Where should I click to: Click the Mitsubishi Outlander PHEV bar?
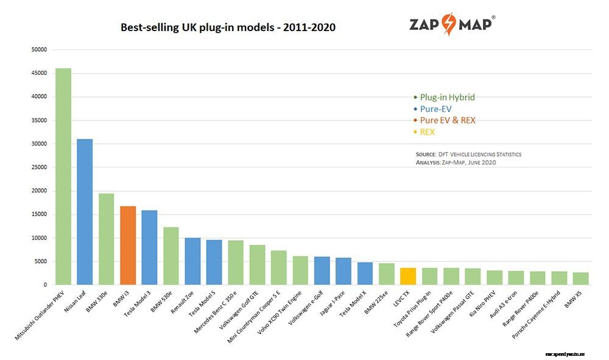pos(63,177)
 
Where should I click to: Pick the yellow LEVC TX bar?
pos(408,277)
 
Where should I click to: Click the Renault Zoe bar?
pos(192,261)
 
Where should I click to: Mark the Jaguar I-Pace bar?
pos(343,271)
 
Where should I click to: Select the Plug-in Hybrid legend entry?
pos(446,97)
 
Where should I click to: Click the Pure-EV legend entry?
pos(435,108)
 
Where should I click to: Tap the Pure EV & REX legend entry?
pos(447,120)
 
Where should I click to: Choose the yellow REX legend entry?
pos(427,132)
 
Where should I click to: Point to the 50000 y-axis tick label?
pos(38,49)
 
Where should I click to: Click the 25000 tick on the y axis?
pos(38,167)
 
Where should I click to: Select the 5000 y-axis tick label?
pos(40,261)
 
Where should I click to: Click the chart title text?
pos(228,27)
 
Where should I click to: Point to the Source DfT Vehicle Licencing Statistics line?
pos(468,155)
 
